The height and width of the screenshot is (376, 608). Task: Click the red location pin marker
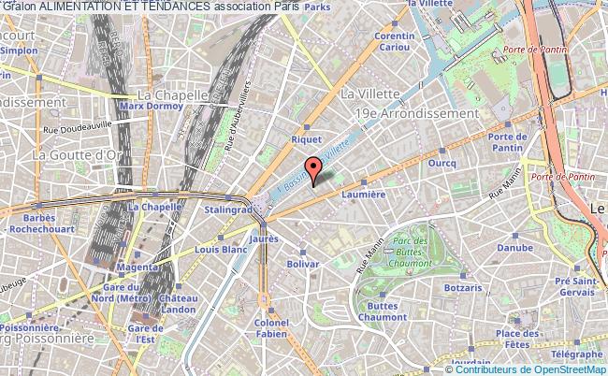[x=314, y=170]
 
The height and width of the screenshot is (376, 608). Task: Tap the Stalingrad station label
[x=223, y=210]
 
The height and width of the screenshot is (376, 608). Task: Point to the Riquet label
[x=306, y=139]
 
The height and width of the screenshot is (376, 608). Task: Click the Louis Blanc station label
[x=222, y=250]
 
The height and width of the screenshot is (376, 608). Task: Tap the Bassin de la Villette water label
[x=310, y=167]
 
